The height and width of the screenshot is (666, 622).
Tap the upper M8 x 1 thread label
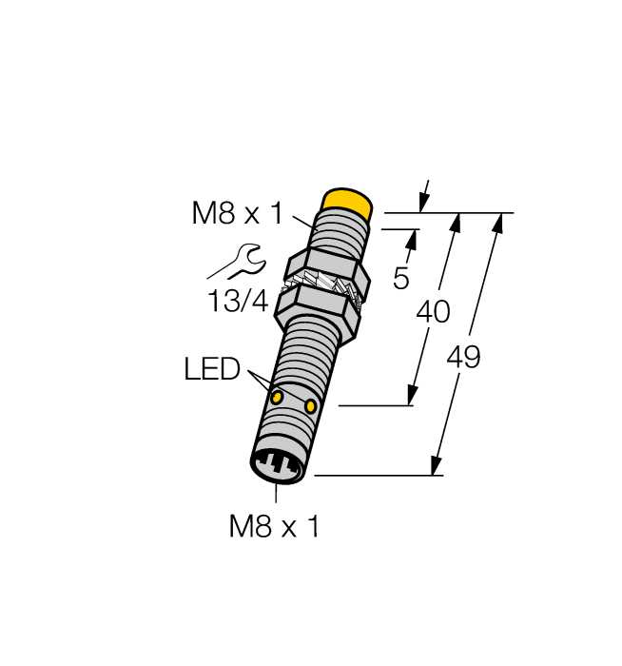pos(237,213)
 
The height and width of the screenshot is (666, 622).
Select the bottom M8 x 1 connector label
pos(273,526)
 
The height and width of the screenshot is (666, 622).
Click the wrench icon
pos(238,262)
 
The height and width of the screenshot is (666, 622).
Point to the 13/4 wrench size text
pos(238,302)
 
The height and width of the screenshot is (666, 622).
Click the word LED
pos(212,369)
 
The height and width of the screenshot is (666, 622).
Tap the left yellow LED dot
pos(277,398)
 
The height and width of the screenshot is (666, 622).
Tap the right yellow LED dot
pos(311,406)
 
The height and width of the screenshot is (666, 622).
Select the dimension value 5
pos(400,279)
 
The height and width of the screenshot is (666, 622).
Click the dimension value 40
pos(433,312)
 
